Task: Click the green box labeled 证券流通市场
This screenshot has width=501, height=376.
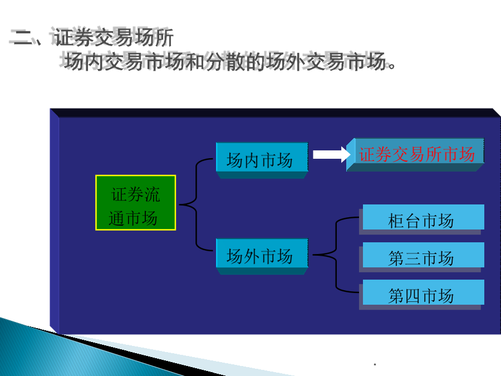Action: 136,203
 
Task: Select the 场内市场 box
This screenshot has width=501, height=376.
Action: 262,160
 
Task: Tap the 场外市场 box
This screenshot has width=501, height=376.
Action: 262,256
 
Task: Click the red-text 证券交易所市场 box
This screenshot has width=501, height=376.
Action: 415,154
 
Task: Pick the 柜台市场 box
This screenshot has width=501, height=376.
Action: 421,219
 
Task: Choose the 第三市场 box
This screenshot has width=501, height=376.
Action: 421,257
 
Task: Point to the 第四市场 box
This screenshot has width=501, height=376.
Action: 421,295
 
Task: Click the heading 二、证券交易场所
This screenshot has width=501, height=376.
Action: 92,37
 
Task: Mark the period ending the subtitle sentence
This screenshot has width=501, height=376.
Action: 392,66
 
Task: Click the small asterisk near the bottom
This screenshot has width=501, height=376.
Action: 375,364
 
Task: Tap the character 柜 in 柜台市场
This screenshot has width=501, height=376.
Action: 396,221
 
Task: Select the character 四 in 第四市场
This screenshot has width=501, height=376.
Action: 413,296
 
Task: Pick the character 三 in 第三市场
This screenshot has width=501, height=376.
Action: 413,258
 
